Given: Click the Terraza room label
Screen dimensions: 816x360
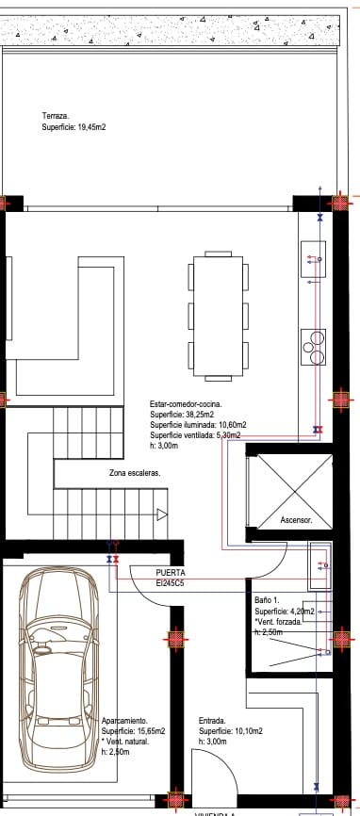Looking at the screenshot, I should (x=56, y=115).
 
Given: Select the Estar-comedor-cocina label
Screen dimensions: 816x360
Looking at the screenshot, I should (x=188, y=403).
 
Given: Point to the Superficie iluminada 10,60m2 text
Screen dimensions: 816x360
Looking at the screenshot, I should (x=196, y=425).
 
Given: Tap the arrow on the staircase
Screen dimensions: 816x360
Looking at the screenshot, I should (x=162, y=514).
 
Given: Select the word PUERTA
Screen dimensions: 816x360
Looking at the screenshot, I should (x=171, y=572).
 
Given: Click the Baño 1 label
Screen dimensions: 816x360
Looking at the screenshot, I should (x=269, y=599).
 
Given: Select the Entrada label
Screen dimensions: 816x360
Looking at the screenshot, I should (x=212, y=721).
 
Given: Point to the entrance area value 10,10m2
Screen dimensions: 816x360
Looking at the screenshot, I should (x=244, y=731).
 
